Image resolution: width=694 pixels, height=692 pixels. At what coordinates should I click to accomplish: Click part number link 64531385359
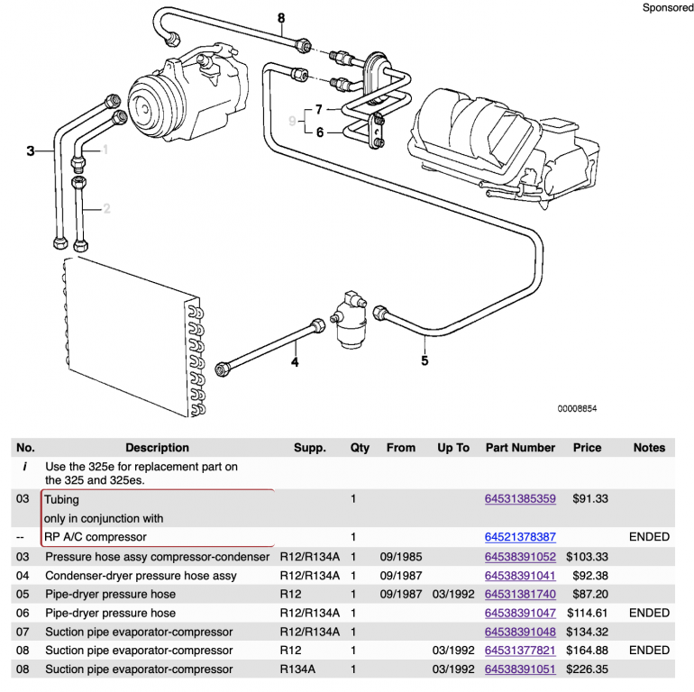pos(520,499)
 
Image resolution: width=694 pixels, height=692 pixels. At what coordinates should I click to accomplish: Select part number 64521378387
pos(520,537)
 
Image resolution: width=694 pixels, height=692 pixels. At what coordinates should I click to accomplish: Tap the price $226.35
pos(587,669)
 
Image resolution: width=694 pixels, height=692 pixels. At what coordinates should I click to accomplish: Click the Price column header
pos(587,448)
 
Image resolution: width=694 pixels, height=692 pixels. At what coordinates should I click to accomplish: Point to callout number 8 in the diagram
pos(281,18)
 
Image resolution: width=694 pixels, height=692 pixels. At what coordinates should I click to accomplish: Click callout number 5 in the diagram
pos(425,362)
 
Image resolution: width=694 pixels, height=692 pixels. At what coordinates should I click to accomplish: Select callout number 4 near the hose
pos(294,363)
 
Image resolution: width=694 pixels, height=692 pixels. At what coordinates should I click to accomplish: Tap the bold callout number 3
pos(30,151)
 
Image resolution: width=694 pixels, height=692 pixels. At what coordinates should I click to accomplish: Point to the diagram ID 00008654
pos(576,408)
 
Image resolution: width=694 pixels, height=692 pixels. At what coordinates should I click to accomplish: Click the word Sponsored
pos(668,7)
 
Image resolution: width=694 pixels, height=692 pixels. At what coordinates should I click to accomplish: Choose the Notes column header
pos(649,448)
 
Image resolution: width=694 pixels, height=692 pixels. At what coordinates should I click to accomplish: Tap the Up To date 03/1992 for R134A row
pos(453,669)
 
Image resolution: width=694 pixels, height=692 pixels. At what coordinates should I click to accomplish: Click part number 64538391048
pos(520,632)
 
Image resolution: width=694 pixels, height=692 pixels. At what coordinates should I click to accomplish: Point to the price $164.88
pos(587,651)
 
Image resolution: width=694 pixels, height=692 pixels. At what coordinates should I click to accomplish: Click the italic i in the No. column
pos(24,467)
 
